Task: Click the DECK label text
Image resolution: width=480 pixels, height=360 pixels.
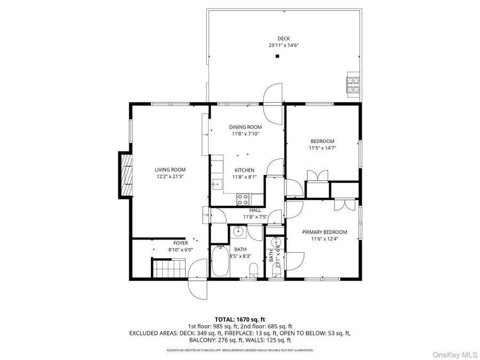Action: click(x=283, y=38)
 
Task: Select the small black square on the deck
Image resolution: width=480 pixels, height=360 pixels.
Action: click(x=277, y=57)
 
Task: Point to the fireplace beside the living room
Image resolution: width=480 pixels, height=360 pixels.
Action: click(x=125, y=175)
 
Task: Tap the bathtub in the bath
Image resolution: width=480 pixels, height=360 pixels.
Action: click(x=219, y=261)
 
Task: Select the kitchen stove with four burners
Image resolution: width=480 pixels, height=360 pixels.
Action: click(x=243, y=199)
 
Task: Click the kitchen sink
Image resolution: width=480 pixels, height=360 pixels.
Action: click(x=217, y=185)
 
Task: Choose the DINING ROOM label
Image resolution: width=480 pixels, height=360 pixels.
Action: click(x=245, y=127)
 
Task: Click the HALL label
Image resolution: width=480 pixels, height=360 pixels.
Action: click(x=255, y=210)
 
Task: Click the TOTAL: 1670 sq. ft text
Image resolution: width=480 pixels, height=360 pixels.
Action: click(x=239, y=318)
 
